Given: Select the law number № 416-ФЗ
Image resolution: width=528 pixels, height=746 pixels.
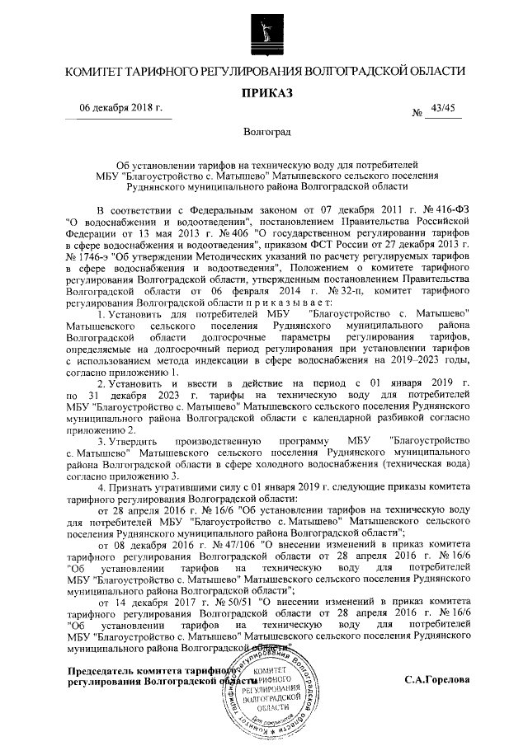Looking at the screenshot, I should (x=444, y=210).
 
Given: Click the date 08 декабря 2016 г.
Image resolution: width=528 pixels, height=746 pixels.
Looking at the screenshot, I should (x=144, y=544).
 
